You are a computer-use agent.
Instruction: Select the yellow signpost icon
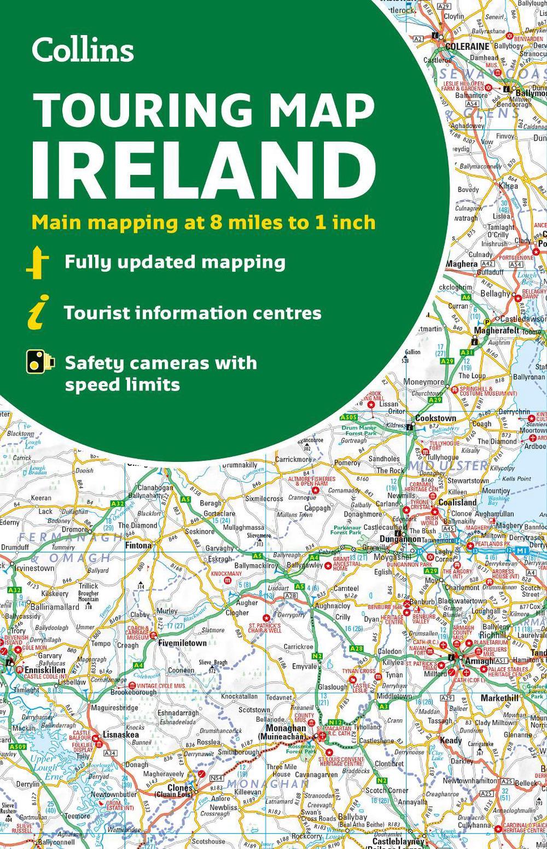(x=37, y=262)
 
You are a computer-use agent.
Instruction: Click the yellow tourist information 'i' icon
(x=38, y=312)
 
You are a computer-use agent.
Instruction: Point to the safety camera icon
(x=40, y=363)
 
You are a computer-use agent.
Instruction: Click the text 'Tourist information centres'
(x=192, y=313)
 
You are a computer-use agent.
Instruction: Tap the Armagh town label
(x=479, y=661)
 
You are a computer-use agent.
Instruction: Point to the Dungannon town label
(x=400, y=538)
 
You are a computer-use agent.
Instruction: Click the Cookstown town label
(x=435, y=418)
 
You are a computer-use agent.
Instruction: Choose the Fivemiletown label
(x=182, y=643)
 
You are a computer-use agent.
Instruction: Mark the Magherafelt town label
(x=496, y=330)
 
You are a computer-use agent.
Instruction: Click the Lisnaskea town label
(x=121, y=735)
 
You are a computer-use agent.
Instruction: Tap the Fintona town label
(x=138, y=545)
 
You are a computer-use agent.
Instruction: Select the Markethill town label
(x=499, y=698)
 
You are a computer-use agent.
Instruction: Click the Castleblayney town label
(x=398, y=841)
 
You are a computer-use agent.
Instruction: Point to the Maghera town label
(x=462, y=264)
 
